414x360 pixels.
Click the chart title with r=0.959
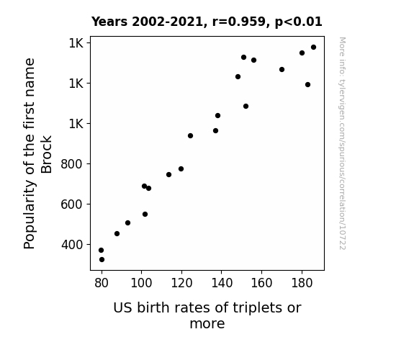(x=207, y=22)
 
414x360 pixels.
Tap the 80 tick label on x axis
(x=102, y=283)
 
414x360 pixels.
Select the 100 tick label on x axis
(x=142, y=283)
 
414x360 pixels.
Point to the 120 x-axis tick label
(x=181, y=283)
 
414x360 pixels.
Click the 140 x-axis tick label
(x=222, y=283)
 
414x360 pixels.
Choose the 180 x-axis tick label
(x=302, y=283)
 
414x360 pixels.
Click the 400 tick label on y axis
(x=72, y=245)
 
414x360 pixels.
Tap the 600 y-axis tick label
(x=72, y=204)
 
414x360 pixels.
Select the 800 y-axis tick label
(x=72, y=164)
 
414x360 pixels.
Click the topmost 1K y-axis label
(x=76, y=43)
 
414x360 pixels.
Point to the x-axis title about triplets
(x=207, y=315)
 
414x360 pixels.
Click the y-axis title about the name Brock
(x=37, y=153)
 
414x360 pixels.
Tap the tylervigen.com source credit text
(x=343, y=143)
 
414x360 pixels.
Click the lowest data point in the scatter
(x=102, y=260)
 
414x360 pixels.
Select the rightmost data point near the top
(x=314, y=48)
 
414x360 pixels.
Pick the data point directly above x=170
(x=282, y=69)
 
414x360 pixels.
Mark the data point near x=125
(x=190, y=136)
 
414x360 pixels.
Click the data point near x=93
(x=127, y=223)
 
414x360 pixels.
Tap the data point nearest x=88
(x=117, y=234)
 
